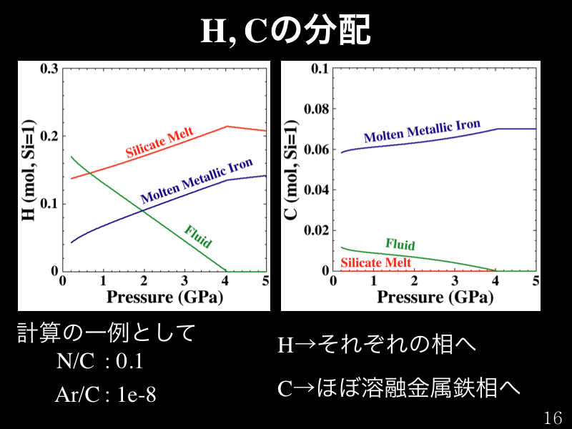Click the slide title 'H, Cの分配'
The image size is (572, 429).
coord(285,29)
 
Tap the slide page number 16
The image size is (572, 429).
coord(553,418)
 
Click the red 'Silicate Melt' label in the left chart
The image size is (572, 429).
coord(160,144)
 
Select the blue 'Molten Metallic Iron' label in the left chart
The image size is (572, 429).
coord(197,182)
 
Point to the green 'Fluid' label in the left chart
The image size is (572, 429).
coord(198,237)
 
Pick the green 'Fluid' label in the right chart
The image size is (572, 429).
coord(400,245)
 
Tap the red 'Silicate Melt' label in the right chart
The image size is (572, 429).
coord(375,262)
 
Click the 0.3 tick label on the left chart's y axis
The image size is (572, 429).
coord(49,69)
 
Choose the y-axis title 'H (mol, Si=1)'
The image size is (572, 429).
coord(29,169)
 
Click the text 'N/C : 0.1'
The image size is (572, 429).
coord(100,362)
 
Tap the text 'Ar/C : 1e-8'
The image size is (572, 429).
coord(105,395)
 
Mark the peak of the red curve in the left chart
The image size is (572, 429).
coord(227,127)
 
